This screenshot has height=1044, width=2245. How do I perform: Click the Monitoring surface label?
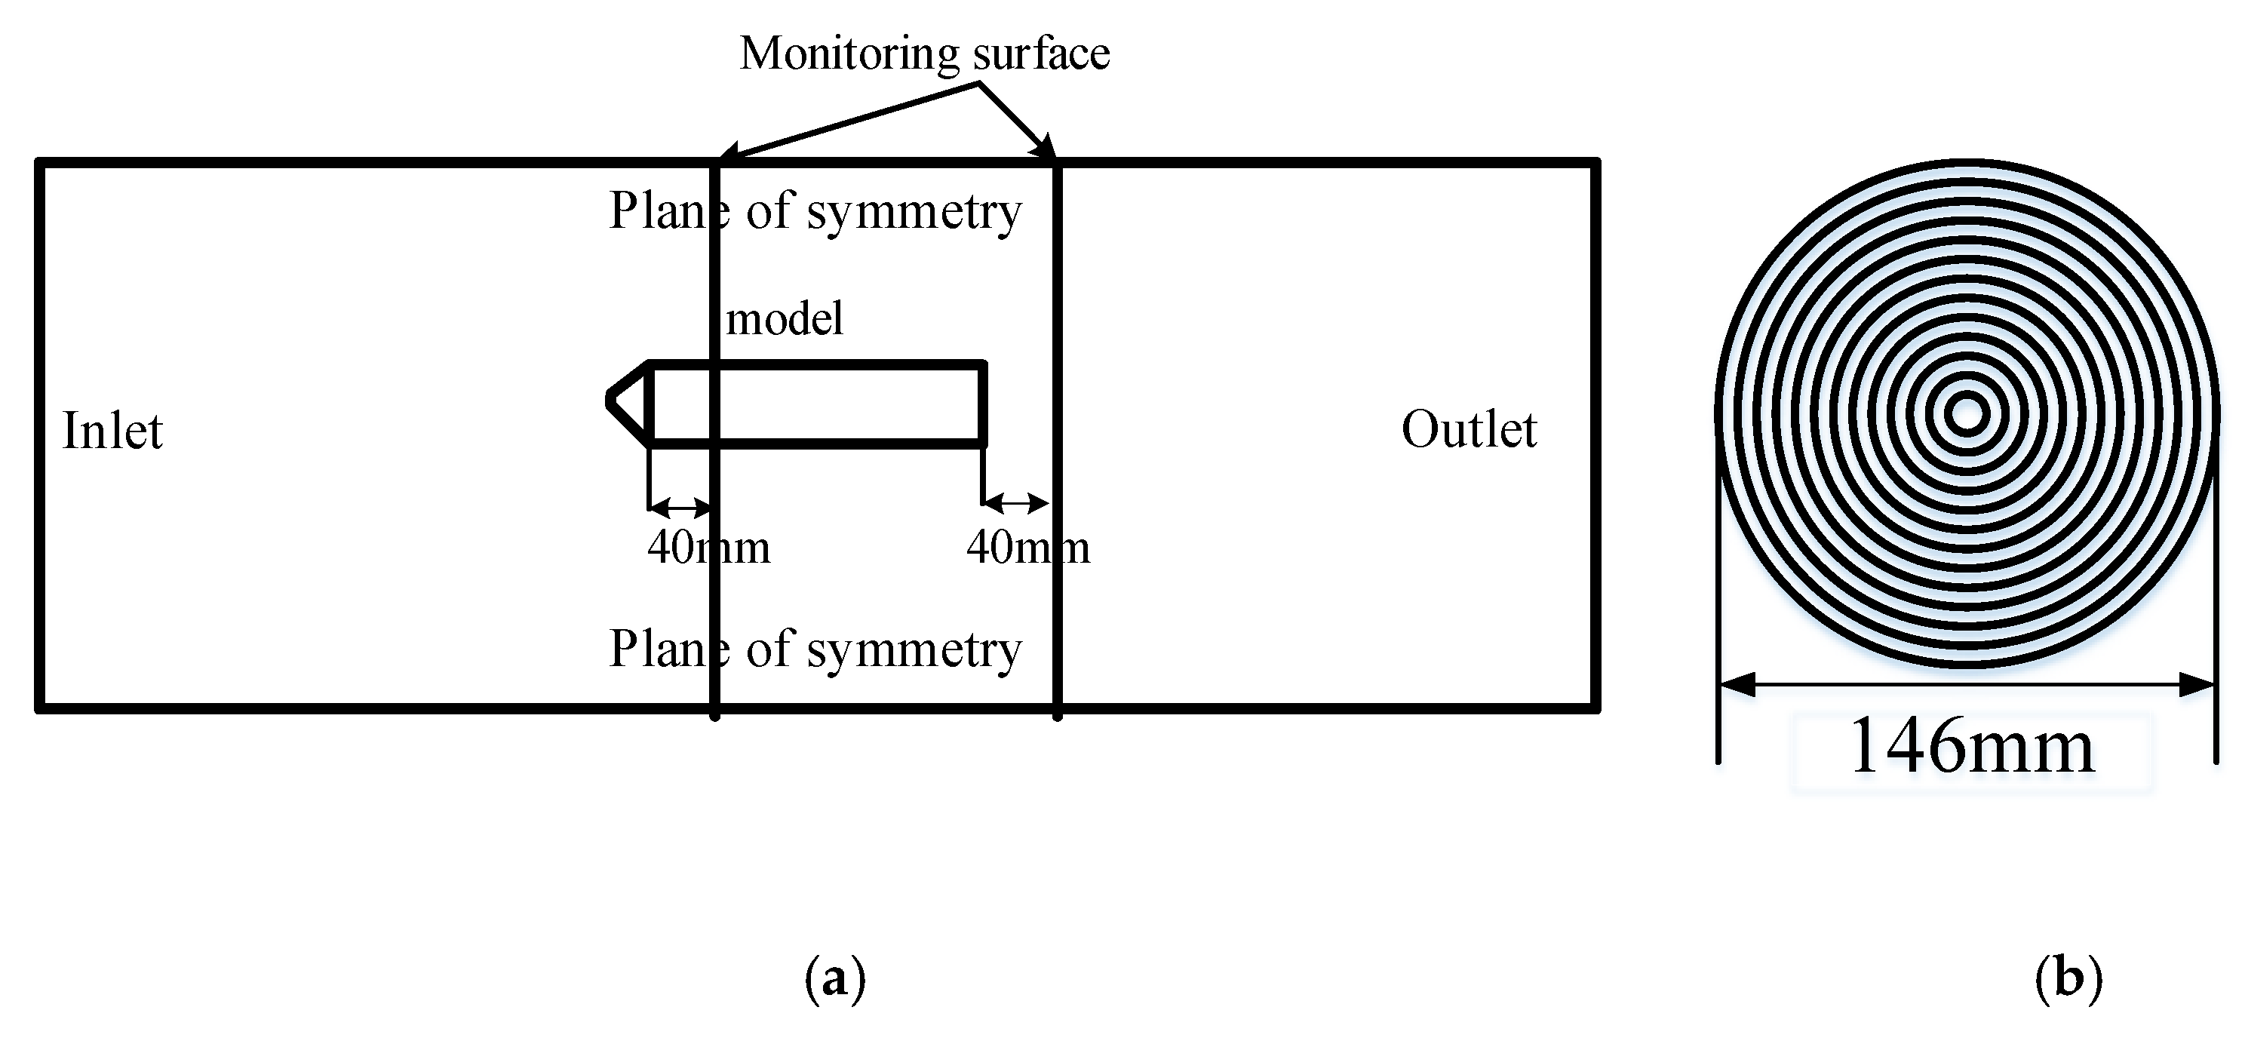pyautogui.click(x=924, y=54)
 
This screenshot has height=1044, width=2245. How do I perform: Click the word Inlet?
pyautogui.click(x=112, y=431)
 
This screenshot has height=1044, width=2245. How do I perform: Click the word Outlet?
pyautogui.click(x=1469, y=430)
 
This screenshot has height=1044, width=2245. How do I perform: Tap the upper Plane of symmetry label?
pyautogui.click(x=814, y=211)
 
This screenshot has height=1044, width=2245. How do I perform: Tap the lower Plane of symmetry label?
pyautogui.click(x=814, y=649)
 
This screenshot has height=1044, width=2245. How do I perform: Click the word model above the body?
pyautogui.click(x=785, y=319)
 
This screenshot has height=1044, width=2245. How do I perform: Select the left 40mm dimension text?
pyautogui.click(x=708, y=548)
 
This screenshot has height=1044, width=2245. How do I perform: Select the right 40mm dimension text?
pyautogui.click(x=1027, y=548)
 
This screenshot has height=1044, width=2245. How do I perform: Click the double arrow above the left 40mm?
pyautogui.click(x=680, y=506)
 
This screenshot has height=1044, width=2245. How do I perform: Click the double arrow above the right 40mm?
pyautogui.click(x=1015, y=503)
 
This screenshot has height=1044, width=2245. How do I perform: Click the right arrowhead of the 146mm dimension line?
pyautogui.click(x=2197, y=686)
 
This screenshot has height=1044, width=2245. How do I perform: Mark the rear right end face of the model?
pyautogui.click(x=982, y=404)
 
